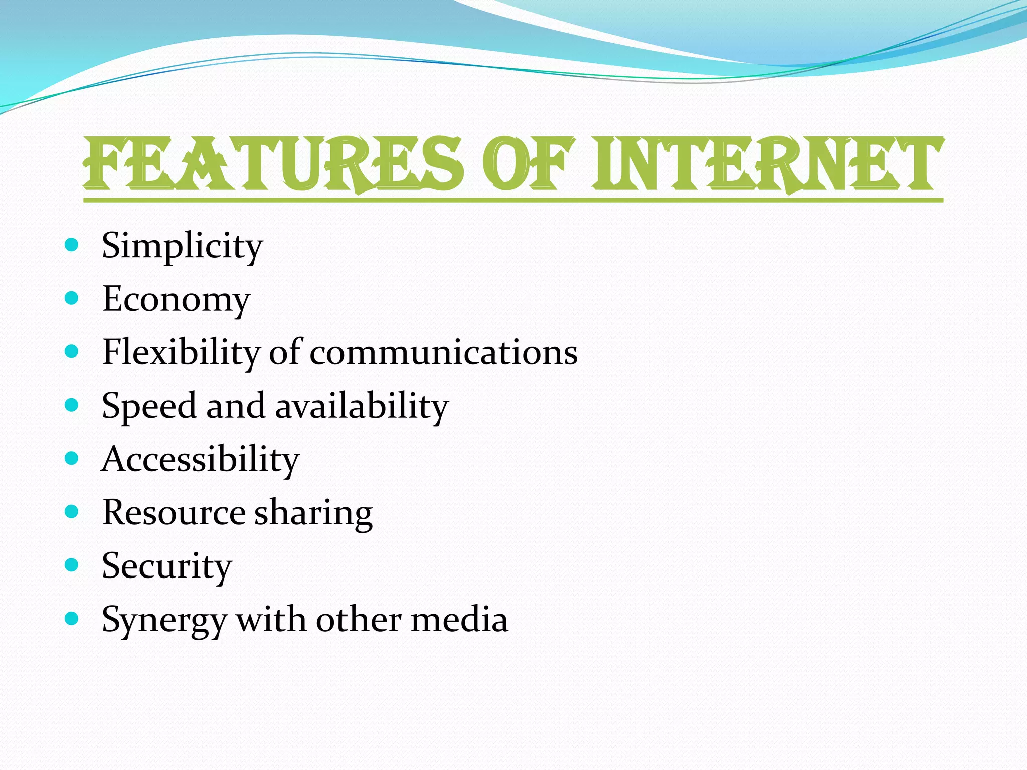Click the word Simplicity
coord(182,246)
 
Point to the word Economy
coord(176,299)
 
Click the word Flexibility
coord(181,352)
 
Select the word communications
coord(443,352)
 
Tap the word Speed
coord(148,406)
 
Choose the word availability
coord(362,406)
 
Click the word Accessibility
coord(201,459)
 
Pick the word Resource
coord(174,512)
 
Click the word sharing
coord(313,513)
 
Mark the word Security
coord(167,566)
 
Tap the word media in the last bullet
coord(459,620)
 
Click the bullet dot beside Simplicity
coord(72,245)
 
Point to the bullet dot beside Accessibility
coord(72,458)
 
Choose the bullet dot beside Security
coord(72,565)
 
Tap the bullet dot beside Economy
coord(72,298)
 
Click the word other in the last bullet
coord(359,620)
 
